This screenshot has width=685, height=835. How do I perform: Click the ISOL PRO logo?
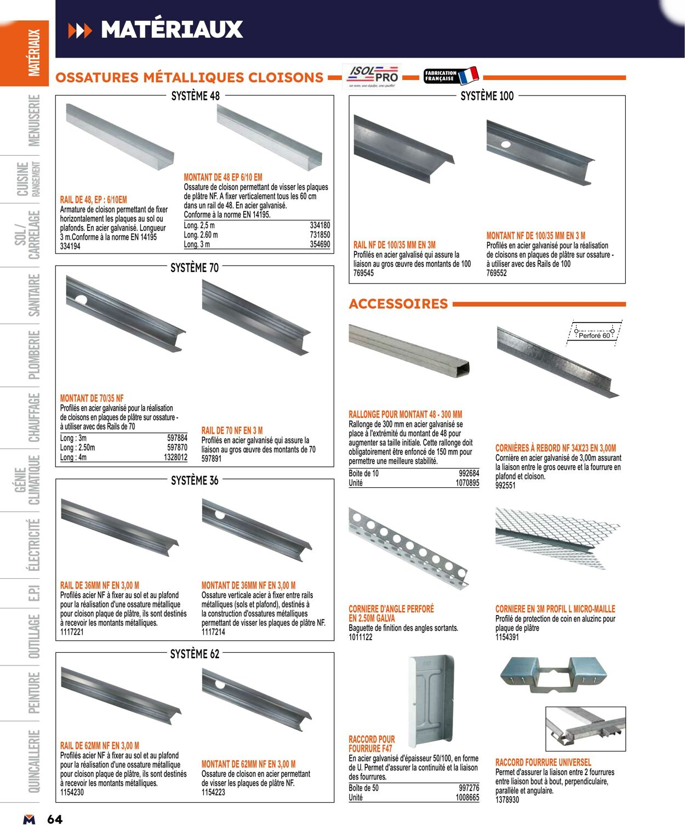pos(372,77)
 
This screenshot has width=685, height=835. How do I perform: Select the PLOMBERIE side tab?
pos(34,355)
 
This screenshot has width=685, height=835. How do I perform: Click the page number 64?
pos(55,820)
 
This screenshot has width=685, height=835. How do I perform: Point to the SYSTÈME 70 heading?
pos(195,268)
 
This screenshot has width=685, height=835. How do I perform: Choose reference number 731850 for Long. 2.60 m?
pos(320,235)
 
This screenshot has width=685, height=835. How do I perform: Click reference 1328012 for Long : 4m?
pos(175,458)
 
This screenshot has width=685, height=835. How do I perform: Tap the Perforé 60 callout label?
pos(594,335)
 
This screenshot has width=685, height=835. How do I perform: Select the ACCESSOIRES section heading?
pos(398,303)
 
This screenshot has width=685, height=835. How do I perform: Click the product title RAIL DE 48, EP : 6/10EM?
pos(94,200)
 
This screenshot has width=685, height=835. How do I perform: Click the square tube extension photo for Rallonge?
pos(409,351)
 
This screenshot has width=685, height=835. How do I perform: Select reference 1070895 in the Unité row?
pos(467,483)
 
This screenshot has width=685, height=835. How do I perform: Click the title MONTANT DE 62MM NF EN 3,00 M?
pos(248,764)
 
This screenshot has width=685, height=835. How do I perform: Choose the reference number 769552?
pos(496,273)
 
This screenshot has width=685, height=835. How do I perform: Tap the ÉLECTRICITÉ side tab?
pos(34,545)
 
